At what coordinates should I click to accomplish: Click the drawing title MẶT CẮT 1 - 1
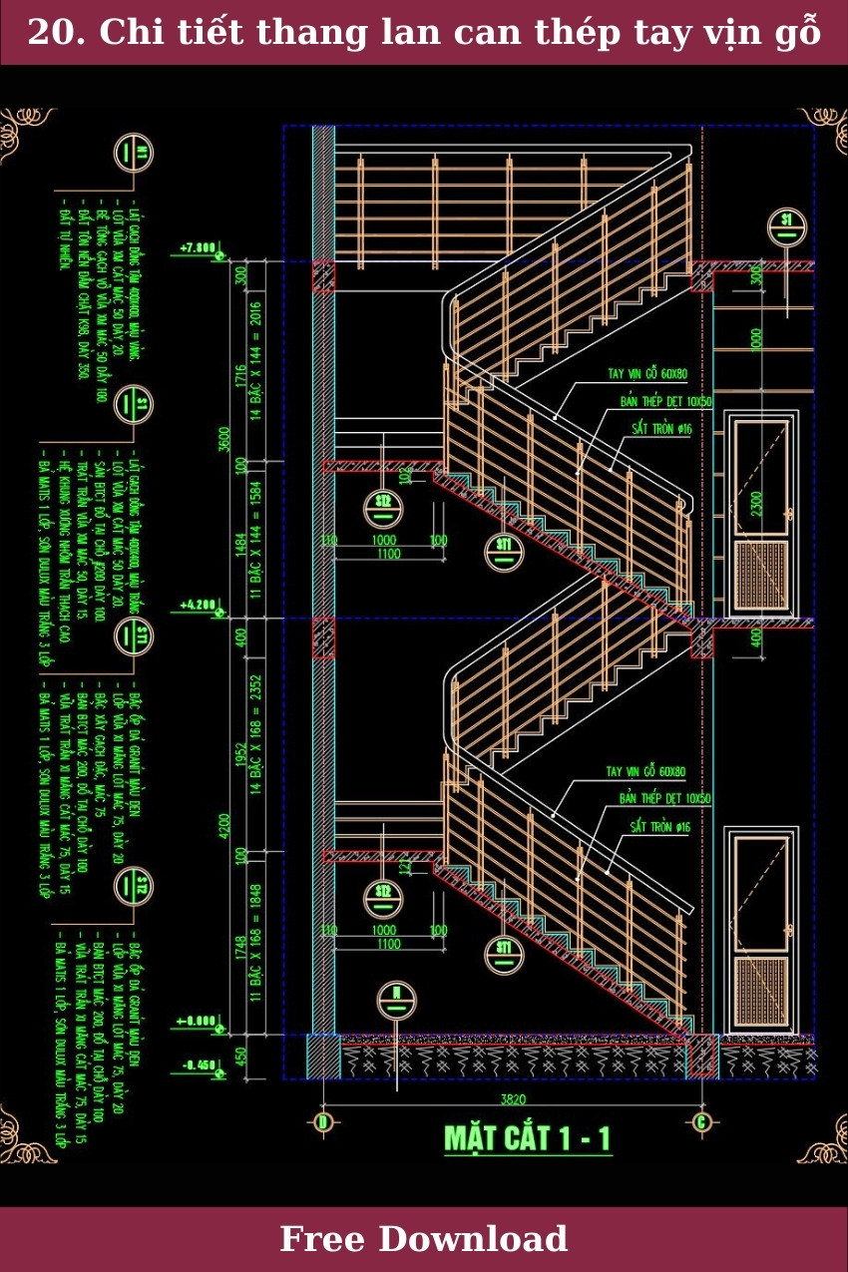[527, 1138]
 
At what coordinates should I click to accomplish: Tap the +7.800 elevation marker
[198, 246]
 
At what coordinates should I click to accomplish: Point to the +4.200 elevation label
[198, 605]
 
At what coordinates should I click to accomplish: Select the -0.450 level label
[200, 1065]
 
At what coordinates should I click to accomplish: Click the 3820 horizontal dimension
[513, 1099]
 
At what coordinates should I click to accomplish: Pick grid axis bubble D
[322, 1122]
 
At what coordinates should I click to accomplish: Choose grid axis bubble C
[702, 1122]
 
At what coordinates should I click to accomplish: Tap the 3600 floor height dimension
[225, 439]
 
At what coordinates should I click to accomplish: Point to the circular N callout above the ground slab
[396, 1000]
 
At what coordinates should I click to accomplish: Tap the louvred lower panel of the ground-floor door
[762, 992]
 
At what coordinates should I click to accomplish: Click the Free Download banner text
[424, 1239]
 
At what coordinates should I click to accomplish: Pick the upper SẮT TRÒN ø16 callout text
[661, 428]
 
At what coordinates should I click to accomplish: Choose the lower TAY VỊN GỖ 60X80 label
[646, 771]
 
